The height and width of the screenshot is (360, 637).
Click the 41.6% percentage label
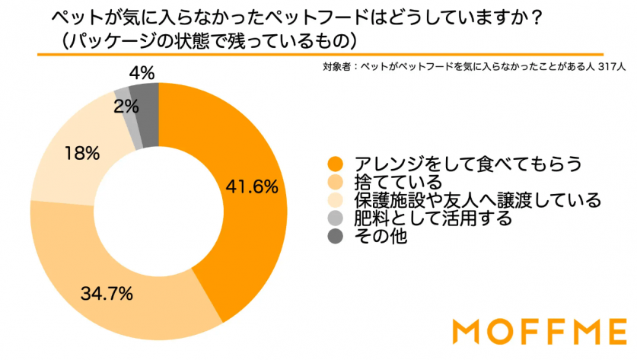250,186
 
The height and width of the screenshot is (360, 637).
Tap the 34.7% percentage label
109,292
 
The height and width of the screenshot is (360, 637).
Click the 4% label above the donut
142,74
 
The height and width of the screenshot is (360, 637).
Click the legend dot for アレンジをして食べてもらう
333,164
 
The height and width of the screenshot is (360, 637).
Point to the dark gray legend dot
333,237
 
